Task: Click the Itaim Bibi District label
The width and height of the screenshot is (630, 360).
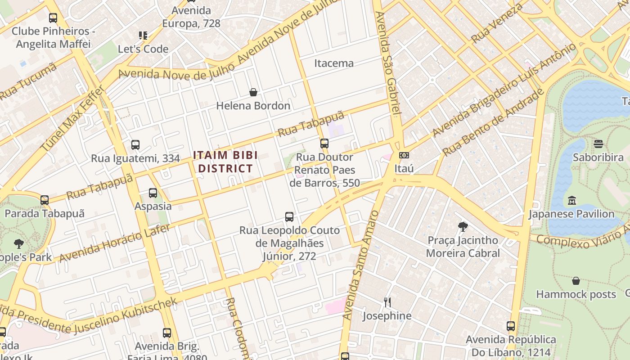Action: coord(225,162)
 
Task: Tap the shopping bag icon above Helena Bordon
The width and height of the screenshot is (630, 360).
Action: coord(253,92)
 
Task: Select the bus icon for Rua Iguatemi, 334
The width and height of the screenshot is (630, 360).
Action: coord(135,145)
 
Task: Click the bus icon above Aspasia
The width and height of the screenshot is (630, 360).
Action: coord(153,193)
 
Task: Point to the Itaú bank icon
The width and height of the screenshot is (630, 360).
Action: coord(404,155)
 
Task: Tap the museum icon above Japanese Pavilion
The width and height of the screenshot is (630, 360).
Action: coord(571,200)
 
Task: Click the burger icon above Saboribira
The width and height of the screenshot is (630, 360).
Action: coord(598,144)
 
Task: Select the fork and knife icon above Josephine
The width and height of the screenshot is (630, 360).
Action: coord(387,302)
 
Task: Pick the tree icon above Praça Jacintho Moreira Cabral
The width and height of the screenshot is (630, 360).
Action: coord(463,226)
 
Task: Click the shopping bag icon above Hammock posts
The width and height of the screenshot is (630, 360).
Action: coord(576,281)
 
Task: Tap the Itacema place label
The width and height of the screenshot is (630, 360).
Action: coord(334,63)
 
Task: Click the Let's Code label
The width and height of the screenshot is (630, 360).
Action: coord(143,49)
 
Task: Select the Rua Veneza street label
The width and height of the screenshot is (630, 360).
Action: coord(497,22)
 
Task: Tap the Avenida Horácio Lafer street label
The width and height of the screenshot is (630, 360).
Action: coord(114,243)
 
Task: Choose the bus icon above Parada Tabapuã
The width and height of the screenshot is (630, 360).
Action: coord(44,200)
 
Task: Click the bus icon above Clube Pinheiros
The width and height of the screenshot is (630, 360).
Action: coord(53,18)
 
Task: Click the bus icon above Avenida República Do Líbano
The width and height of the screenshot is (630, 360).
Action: coord(510,326)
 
